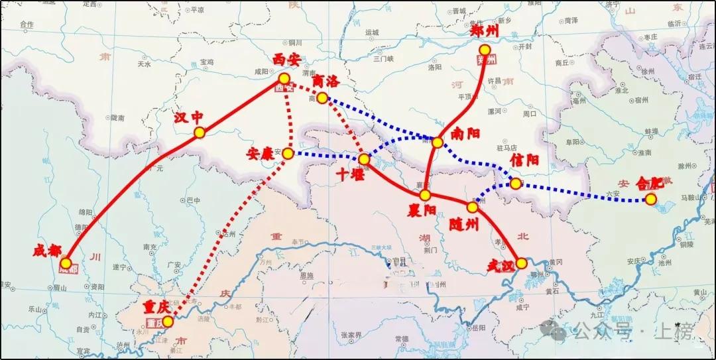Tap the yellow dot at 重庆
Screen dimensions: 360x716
(x=168, y=322)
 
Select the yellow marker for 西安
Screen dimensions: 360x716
(x=284, y=79)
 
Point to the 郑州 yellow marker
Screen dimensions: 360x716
(x=485, y=50)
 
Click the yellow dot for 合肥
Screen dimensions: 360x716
(x=652, y=199)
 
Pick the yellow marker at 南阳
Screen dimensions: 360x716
(x=438, y=143)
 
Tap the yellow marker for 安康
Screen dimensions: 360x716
(x=288, y=154)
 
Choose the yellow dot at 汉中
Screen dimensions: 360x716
(x=200, y=133)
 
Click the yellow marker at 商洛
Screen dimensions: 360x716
(x=322, y=98)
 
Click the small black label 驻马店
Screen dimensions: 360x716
(x=507, y=149)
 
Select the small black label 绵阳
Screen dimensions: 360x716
(x=86, y=212)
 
